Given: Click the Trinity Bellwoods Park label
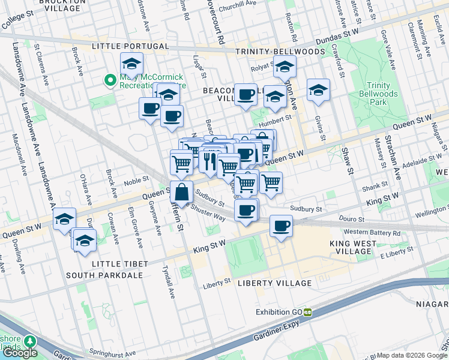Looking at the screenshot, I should (378, 94).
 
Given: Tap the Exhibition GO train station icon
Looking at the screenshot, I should (307, 311).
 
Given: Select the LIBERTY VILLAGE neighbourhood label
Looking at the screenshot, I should (275, 283).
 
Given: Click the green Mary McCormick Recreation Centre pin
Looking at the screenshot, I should (110, 80).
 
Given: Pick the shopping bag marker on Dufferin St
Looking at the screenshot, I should (181, 193).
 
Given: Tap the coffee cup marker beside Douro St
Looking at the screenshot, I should (282, 226).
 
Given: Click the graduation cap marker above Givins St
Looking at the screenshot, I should (318, 91).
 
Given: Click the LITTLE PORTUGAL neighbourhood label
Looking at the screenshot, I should (130, 46).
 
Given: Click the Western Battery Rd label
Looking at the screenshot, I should (372, 232).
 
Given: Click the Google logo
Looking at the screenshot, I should (20, 353).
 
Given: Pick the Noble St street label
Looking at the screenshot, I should (136, 182).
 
